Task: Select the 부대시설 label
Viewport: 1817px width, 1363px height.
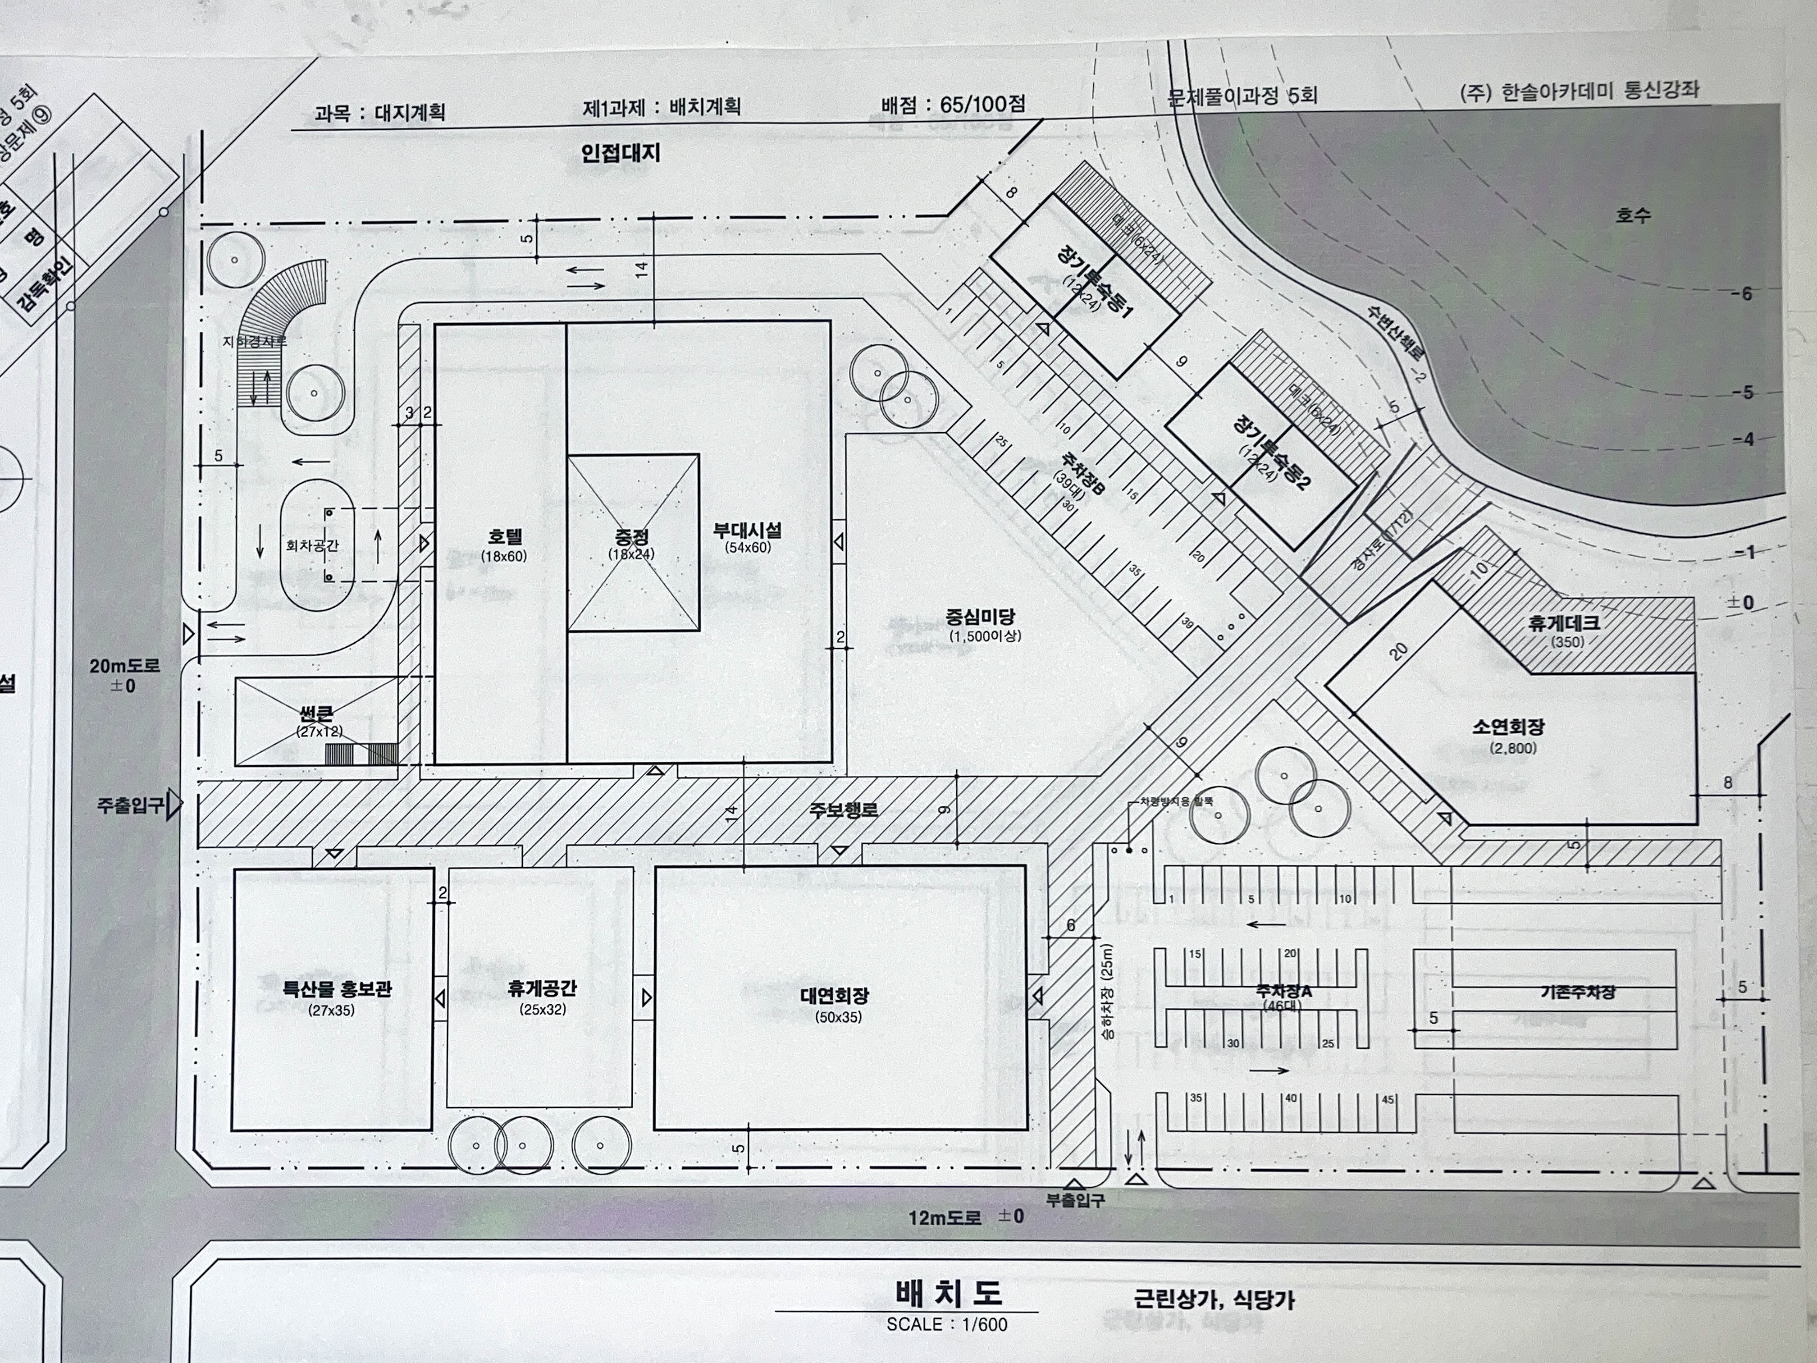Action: tap(748, 531)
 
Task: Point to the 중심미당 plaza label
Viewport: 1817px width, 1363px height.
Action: tap(980, 616)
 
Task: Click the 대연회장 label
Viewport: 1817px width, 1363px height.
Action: tap(835, 996)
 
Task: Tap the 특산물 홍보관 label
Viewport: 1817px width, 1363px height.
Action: tap(337, 989)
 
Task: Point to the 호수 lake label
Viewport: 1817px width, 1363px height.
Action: tap(1633, 215)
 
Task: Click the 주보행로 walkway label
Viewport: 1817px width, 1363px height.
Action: tap(844, 810)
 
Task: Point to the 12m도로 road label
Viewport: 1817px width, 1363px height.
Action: tap(945, 1217)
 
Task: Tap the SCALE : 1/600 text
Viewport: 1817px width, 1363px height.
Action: tap(946, 1324)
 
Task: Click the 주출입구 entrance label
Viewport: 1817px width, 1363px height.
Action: tap(130, 805)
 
